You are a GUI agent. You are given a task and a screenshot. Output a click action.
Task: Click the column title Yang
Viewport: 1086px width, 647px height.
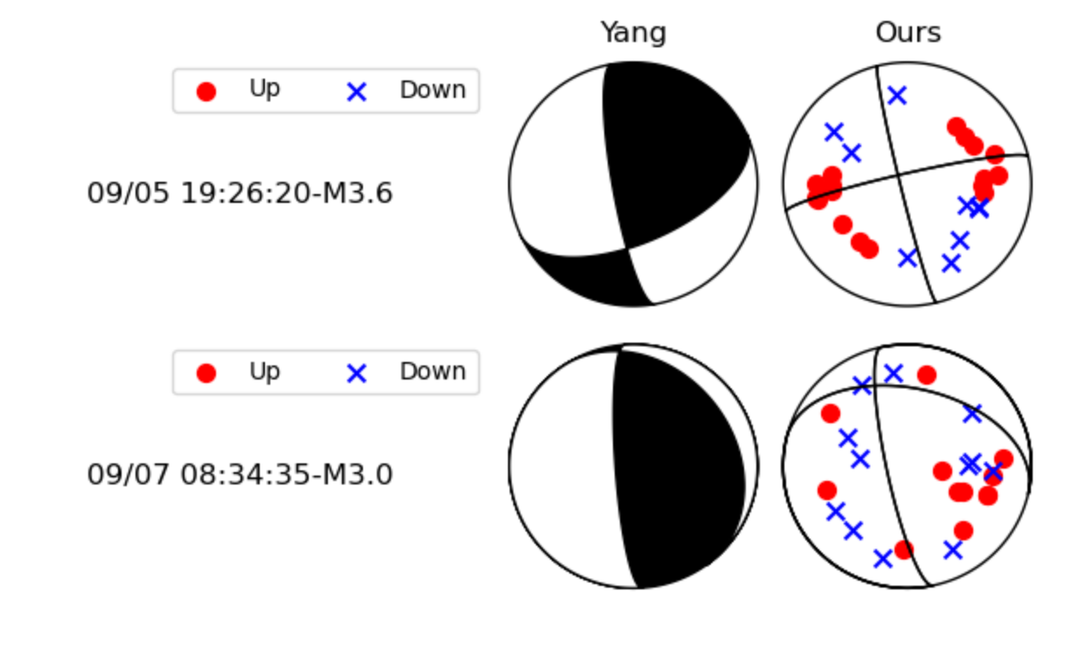(x=633, y=33)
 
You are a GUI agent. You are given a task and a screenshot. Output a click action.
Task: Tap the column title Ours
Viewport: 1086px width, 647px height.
(x=908, y=33)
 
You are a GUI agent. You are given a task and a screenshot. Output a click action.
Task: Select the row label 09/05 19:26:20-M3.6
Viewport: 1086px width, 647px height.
(x=240, y=193)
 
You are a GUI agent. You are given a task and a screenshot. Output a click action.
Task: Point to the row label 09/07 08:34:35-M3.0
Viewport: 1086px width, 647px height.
(x=240, y=475)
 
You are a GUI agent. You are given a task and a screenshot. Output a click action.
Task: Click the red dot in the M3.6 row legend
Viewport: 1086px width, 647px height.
(x=206, y=91)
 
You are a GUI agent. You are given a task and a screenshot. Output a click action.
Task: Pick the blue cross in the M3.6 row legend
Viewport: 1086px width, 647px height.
(x=356, y=91)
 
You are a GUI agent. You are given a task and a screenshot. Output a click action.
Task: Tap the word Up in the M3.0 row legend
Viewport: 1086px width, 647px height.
(x=264, y=372)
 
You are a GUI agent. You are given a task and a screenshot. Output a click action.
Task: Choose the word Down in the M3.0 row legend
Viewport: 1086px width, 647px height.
(x=432, y=372)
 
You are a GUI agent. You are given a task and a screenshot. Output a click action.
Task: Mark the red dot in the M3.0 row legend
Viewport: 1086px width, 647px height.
(x=206, y=373)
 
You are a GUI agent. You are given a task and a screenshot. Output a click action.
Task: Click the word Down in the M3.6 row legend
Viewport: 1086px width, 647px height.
(x=432, y=90)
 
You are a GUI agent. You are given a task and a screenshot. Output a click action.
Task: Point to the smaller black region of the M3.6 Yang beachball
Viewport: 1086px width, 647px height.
(x=586, y=275)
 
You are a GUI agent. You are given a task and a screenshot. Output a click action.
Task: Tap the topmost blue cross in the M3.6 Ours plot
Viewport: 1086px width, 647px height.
(x=897, y=95)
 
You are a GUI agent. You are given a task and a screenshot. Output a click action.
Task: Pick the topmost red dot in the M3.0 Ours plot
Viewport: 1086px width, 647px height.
(x=927, y=375)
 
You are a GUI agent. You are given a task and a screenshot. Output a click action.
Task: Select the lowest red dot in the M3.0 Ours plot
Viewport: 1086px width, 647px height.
(x=904, y=549)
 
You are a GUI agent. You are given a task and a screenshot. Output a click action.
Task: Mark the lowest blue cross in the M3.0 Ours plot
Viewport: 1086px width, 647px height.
(x=883, y=558)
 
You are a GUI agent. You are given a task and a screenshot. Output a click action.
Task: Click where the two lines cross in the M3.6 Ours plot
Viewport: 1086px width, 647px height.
(x=899, y=177)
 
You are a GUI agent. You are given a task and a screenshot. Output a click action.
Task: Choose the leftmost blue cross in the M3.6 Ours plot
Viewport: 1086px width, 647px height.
(x=834, y=132)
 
